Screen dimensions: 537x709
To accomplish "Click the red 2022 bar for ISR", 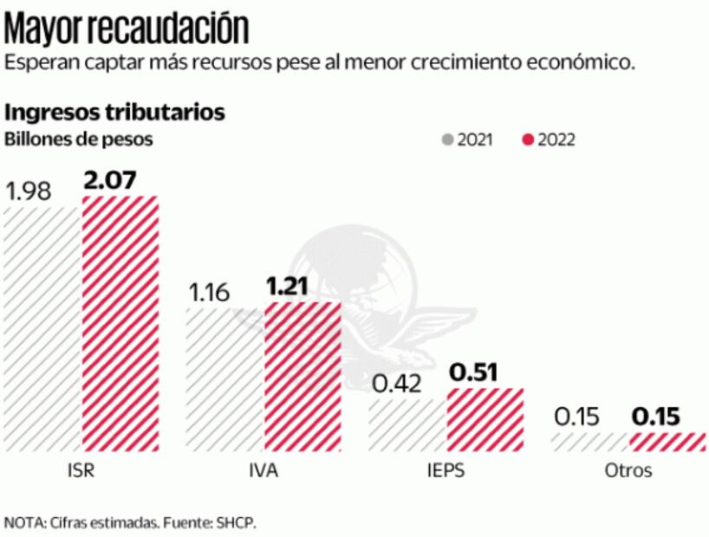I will click(120, 324).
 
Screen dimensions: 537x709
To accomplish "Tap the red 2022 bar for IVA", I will click(302, 377).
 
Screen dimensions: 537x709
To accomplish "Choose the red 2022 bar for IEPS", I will click(485, 420).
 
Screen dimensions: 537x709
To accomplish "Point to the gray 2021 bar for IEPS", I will click(407, 425).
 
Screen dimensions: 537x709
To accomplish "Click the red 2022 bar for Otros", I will click(667, 442).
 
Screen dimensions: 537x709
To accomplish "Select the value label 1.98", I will click(29, 191).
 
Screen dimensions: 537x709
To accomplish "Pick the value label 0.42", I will click(395, 384).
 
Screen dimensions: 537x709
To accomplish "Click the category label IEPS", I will click(446, 472).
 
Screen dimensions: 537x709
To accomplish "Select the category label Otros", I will click(628, 472).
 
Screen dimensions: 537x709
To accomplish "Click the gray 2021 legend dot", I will click(448, 139).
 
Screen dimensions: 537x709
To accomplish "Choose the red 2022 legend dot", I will click(528, 139).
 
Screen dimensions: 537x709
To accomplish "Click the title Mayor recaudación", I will click(127, 28).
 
